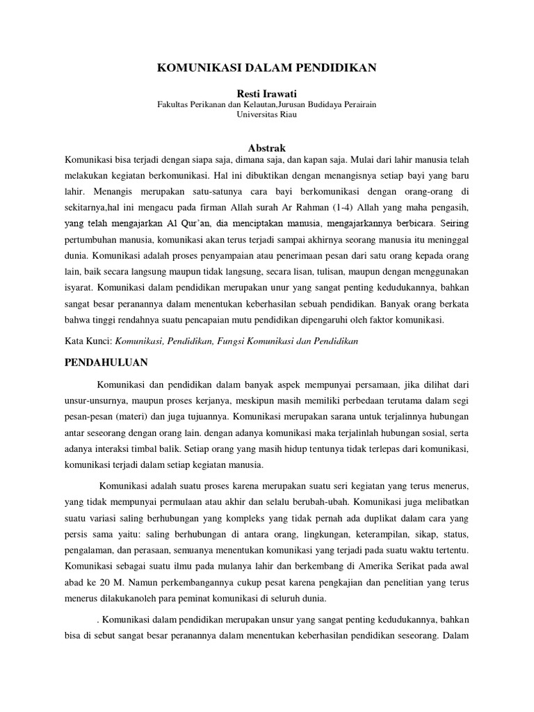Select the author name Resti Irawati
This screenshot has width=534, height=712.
(267, 92)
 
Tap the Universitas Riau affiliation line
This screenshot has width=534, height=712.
(267, 115)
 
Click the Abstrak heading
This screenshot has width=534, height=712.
(267, 147)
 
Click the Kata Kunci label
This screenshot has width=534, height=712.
(88, 341)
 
